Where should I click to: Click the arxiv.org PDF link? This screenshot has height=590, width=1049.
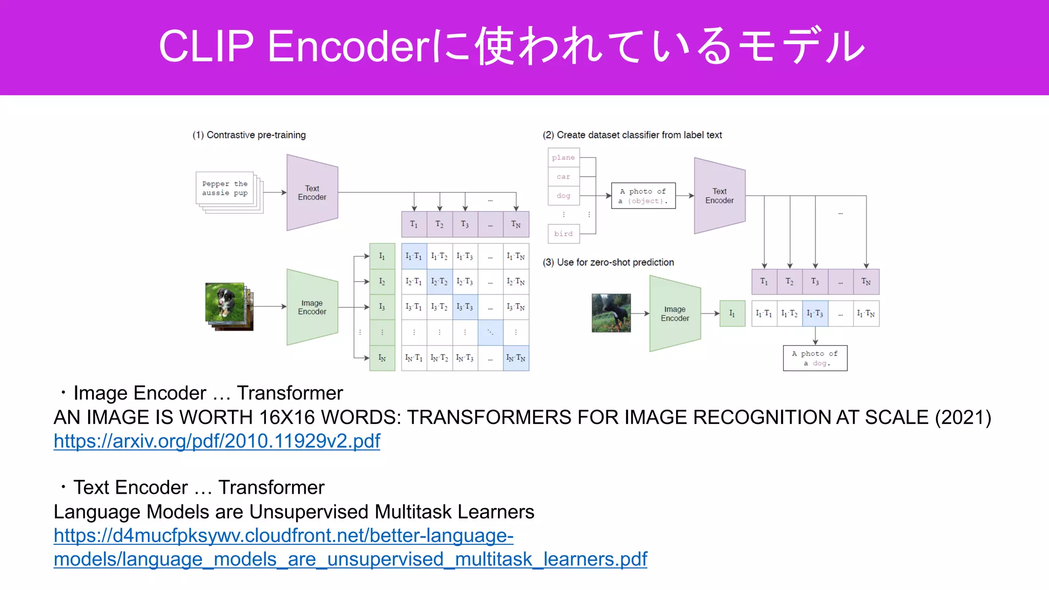coord(217,441)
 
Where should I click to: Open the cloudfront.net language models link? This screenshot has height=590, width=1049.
coord(283,536)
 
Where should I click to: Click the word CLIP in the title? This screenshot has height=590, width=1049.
coord(206,46)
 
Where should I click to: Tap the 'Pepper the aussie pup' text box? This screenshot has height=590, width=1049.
coord(225,188)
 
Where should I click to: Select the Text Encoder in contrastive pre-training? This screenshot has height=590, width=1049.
coord(312,193)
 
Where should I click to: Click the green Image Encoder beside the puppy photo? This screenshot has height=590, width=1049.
coord(312,307)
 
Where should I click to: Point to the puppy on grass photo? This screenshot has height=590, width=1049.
coord(224,302)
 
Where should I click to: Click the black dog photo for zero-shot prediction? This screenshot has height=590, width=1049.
coord(611,313)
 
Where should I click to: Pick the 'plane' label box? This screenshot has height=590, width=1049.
coord(563,158)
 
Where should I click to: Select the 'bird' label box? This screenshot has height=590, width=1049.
coord(563,234)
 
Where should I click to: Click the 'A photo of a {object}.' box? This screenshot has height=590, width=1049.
coord(643,196)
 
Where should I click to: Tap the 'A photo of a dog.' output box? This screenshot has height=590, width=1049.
coord(814,358)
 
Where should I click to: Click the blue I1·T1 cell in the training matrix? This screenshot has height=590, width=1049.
coord(414,256)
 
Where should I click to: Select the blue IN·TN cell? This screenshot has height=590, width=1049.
coord(516,358)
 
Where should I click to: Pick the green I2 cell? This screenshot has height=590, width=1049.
coord(382,282)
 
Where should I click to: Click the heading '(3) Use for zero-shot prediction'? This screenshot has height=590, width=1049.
coord(608,262)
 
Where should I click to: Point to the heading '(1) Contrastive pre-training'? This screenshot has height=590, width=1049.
coord(249,135)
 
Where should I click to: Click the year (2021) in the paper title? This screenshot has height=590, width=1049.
coord(963,417)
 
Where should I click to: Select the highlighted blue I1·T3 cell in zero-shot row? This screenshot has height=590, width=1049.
coord(815,313)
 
